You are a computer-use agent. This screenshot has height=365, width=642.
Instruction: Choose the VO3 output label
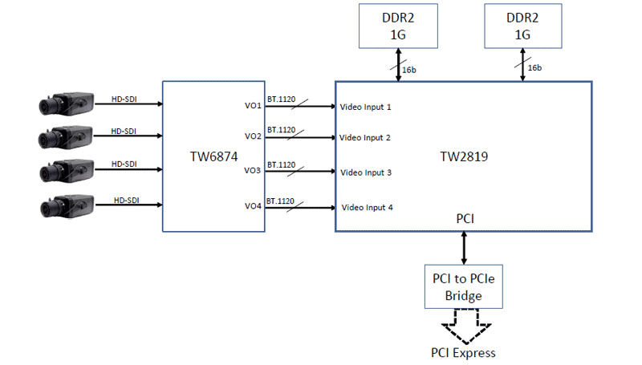(x=253, y=171)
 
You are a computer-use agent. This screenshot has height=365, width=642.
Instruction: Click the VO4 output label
(x=253, y=207)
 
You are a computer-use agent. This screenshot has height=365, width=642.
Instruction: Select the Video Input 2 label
(x=365, y=138)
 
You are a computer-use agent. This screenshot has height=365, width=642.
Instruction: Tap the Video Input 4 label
(x=368, y=208)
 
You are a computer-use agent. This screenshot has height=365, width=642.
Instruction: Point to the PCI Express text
(x=464, y=352)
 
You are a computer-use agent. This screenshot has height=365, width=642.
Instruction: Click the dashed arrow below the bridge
(x=464, y=325)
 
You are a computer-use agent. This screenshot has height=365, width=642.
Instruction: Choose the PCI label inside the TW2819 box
(x=464, y=217)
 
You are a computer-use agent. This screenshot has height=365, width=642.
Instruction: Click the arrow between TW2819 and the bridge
(x=464, y=248)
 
